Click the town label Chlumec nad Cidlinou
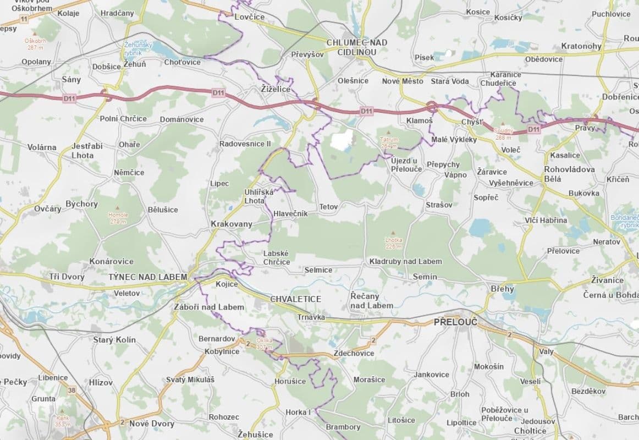356,47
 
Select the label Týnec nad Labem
147,277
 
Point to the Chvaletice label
295,299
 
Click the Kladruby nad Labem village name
405,261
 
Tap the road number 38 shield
71,390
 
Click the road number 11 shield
23,19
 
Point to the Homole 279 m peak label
118,218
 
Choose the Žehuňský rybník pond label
137,48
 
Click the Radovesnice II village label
245,144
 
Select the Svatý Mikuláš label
190,380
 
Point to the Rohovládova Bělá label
569,174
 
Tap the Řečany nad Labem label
372,300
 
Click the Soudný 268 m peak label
503,134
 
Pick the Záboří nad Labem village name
208,307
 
